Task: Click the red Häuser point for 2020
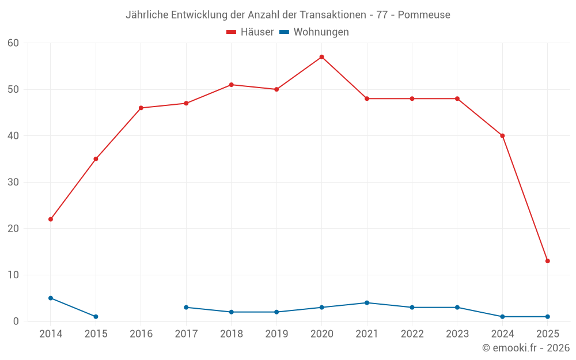click(x=321, y=57)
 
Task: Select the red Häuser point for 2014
click(x=51, y=219)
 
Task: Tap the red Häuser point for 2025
click(x=547, y=261)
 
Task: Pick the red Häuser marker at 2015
click(x=96, y=159)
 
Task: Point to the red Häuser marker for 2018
click(x=231, y=85)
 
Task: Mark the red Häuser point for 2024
click(x=502, y=136)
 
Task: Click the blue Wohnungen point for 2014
click(x=51, y=298)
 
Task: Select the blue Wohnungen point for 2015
click(x=96, y=317)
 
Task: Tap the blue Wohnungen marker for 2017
click(x=186, y=308)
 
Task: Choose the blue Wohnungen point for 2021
click(x=367, y=303)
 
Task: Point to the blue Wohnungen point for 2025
click(x=547, y=317)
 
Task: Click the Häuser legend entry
click(x=250, y=32)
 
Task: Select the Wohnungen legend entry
click(x=314, y=32)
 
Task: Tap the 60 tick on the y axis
click(x=13, y=43)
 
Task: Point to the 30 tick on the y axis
click(x=13, y=183)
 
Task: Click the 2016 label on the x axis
click(x=141, y=334)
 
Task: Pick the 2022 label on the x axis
click(x=412, y=334)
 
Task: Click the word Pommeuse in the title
click(x=424, y=15)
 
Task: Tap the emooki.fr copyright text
click(x=526, y=348)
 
